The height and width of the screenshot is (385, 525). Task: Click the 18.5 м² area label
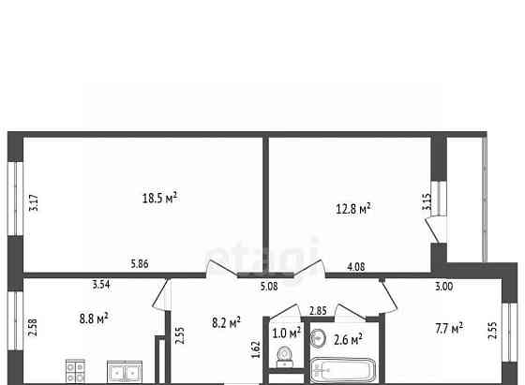(159, 198)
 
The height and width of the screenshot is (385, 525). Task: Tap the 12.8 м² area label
(353, 209)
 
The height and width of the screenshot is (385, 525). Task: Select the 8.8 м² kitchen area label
(94, 318)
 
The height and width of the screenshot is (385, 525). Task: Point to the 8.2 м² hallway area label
(226, 323)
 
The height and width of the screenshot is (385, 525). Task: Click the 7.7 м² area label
(449, 328)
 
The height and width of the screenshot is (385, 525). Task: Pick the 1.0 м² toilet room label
(287, 333)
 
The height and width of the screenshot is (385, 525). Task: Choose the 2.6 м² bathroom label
(348, 340)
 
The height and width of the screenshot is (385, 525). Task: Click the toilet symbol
(285, 357)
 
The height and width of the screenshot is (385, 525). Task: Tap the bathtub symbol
(344, 371)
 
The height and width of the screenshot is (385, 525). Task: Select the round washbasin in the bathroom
(318, 338)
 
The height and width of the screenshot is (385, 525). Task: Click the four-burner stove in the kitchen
(75, 371)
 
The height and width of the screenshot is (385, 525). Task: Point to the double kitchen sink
(125, 371)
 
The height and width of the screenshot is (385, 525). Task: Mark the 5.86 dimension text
(140, 264)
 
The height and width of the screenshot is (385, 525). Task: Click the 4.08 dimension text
(356, 267)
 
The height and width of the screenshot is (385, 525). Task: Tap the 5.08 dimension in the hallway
(269, 287)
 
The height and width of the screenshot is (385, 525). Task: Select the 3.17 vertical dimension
(34, 202)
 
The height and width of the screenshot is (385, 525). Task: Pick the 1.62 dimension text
(256, 349)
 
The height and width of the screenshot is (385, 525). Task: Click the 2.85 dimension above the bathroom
(318, 311)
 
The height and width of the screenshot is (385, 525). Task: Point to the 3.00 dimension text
(443, 287)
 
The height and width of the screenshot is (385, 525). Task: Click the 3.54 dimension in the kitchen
(101, 285)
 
